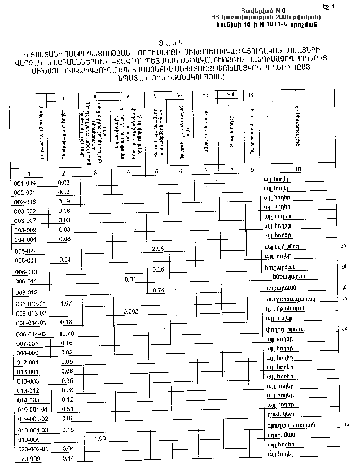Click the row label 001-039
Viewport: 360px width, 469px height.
24,183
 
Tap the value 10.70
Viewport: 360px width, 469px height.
66,334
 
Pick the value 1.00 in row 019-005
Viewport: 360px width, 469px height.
100,439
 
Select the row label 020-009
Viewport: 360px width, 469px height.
25,459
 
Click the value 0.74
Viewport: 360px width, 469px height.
158,290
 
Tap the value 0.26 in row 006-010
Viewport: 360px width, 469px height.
158,270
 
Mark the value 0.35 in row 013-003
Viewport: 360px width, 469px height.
66,380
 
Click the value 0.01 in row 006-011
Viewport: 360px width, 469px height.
130,279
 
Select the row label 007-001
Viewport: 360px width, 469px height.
25,344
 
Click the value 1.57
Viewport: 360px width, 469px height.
66,303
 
